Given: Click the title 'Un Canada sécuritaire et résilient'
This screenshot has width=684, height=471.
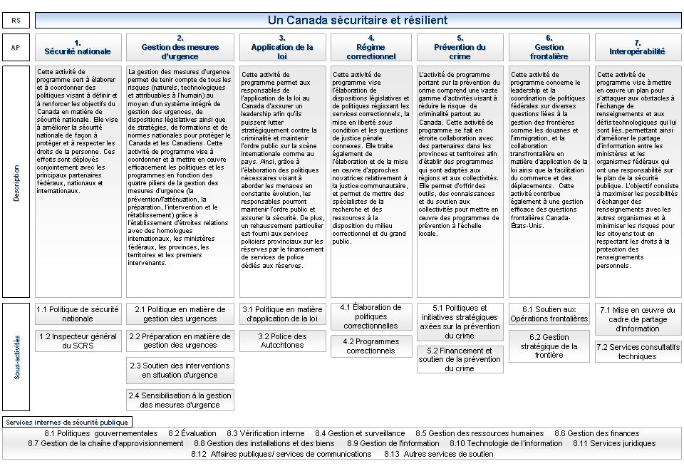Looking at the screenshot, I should click(358, 20).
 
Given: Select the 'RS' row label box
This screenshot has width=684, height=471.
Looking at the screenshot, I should click(16, 21).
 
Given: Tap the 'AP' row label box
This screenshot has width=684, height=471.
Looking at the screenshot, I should click(16, 48).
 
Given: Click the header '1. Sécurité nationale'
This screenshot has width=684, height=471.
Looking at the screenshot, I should click(78, 48).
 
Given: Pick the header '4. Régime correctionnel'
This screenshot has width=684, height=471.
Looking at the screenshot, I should click(370, 48).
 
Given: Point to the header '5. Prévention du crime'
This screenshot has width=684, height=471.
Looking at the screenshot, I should click(460, 48).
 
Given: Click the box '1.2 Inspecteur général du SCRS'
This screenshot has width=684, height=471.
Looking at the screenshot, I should click(78, 341).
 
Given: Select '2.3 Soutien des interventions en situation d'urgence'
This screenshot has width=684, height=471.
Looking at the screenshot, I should click(180, 370).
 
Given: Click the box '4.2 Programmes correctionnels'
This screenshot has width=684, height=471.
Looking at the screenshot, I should click(370, 346).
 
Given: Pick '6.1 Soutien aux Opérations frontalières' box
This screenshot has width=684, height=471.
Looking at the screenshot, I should click(549, 314).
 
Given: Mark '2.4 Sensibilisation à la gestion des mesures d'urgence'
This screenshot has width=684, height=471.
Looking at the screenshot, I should click(180, 400).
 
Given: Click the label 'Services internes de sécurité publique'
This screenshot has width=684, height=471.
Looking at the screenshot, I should click(67, 422).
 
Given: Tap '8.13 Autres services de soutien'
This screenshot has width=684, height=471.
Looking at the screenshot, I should click(438, 454).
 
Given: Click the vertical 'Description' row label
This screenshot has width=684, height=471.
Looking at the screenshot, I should click(16, 182).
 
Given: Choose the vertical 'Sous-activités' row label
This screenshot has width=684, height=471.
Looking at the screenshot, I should click(16, 356).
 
